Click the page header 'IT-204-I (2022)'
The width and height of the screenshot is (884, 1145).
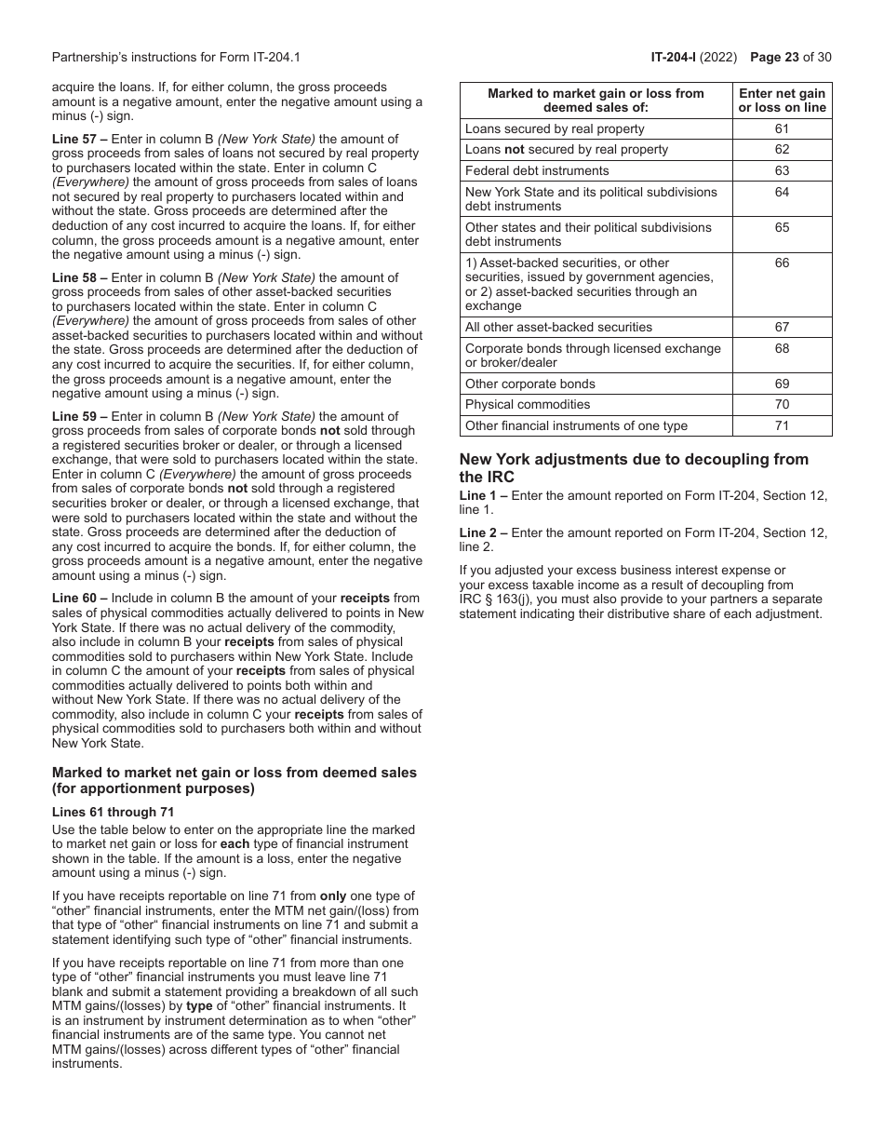[x=693, y=58]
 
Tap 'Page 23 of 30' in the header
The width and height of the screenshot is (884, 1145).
[x=790, y=58]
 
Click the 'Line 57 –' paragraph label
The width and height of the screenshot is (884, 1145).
[x=79, y=139]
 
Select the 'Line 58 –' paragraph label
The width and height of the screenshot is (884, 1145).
[x=79, y=277]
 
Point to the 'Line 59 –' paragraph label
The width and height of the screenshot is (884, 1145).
[x=79, y=416]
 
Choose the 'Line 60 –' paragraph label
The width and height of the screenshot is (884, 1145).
[x=79, y=599]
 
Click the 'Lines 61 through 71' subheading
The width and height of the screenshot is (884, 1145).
[x=113, y=812]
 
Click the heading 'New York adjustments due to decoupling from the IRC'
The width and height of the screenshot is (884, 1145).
[x=634, y=467]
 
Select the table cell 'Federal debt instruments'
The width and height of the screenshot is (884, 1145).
[x=537, y=170]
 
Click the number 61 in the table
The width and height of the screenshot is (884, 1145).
[x=782, y=128]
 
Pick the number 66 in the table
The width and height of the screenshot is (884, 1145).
[x=782, y=263]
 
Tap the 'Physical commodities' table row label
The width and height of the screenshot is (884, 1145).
[x=527, y=404]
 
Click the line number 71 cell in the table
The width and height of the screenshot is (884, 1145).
[x=782, y=425]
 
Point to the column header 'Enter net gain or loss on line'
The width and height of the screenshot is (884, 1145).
[x=782, y=100]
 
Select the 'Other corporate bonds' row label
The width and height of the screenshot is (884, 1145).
[x=529, y=384]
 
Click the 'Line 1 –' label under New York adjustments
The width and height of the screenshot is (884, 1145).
[x=483, y=496]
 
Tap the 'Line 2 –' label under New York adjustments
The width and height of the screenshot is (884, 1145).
[x=483, y=533]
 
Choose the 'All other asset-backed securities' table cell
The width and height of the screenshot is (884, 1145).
[x=558, y=327]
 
